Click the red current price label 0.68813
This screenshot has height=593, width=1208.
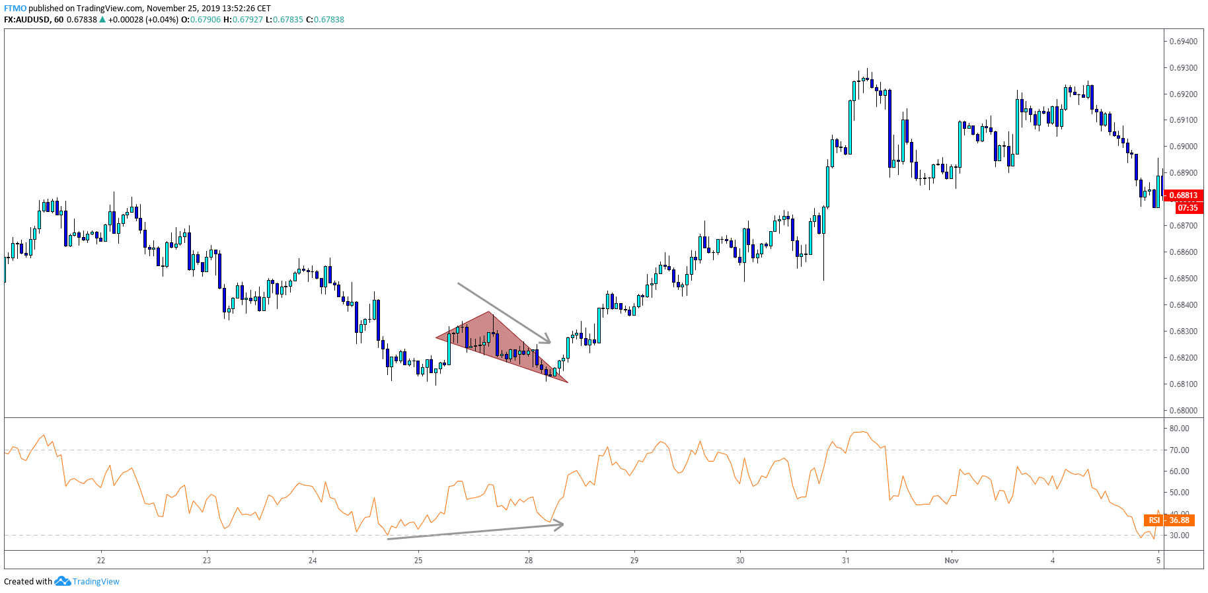[x=1183, y=195]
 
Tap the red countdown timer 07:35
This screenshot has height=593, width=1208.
[x=1188, y=208]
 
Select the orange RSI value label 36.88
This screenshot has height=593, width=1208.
[x=1179, y=520]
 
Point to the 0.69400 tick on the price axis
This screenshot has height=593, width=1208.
[x=1183, y=42]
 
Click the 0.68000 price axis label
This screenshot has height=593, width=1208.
[x=1183, y=410]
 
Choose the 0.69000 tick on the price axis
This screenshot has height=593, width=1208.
[x=1183, y=147]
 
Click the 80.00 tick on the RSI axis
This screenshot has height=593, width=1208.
[x=1179, y=429]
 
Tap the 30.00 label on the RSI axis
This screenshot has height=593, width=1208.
[x=1179, y=536]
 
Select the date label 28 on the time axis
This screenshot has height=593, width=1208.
[x=529, y=561]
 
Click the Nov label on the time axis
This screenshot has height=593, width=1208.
[x=951, y=561]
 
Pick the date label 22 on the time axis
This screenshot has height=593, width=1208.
[x=101, y=561]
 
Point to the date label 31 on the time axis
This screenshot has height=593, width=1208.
[x=846, y=561]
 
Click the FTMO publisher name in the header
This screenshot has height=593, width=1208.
[x=15, y=9]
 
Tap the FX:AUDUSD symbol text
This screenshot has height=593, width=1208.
[x=26, y=20]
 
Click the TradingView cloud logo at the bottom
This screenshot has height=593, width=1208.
[x=62, y=581]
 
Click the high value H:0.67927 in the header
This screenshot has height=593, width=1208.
[x=243, y=20]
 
